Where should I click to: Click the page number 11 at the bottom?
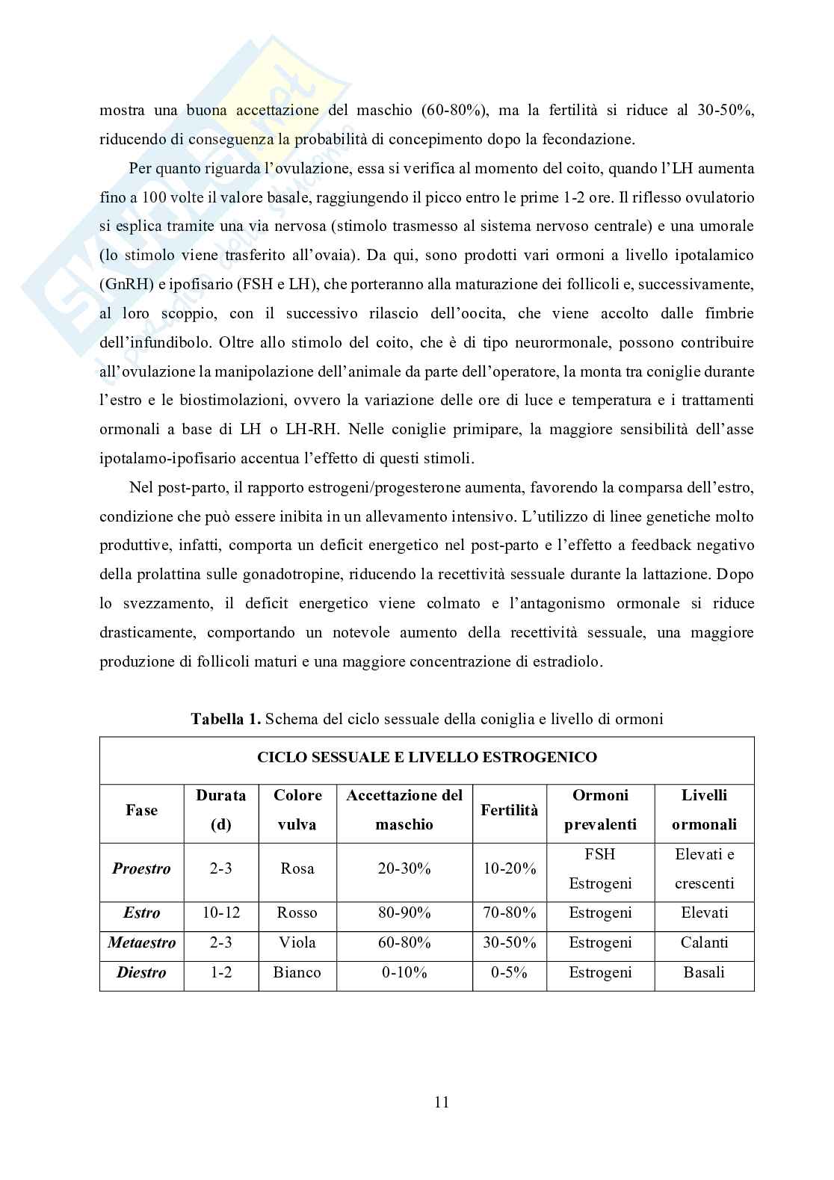[x=441, y=1102]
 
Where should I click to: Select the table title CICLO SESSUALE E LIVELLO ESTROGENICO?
[x=427, y=757]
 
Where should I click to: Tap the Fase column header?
[x=141, y=809]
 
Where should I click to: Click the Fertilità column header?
[x=510, y=809]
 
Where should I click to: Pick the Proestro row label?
[x=141, y=868]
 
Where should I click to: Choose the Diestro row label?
[x=141, y=972]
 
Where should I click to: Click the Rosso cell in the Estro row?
[x=297, y=912]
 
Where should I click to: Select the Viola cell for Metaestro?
[x=297, y=942]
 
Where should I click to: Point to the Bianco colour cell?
[x=297, y=972]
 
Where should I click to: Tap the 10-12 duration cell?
[x=220, y=912]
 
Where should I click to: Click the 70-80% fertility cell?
[x=510, y=912]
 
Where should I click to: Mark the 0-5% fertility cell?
[x=510, y=972]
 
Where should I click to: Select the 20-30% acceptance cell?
[x=404, y=868]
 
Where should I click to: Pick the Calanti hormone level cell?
[x=704, y=942]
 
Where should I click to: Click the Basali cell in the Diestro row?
[x=704, y=972]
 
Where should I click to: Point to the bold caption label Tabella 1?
[x=225, y=719]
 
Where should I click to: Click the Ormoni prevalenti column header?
[x=600, y=809]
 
